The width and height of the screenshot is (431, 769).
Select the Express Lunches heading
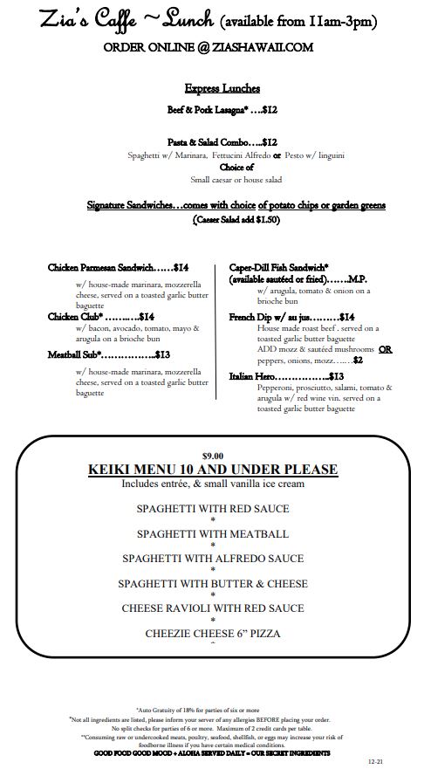pyautogui.click(x=222, y=88)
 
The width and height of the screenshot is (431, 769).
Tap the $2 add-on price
pyautogui.click(x=358, y=359)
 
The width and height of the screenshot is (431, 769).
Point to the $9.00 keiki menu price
pyautogui.click(x=213, y=455)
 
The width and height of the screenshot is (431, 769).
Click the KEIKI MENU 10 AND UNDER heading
pyautogui.click(x=213, y=470)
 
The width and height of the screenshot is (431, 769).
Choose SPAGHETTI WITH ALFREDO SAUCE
pyautogui.click(x=213, y=558)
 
